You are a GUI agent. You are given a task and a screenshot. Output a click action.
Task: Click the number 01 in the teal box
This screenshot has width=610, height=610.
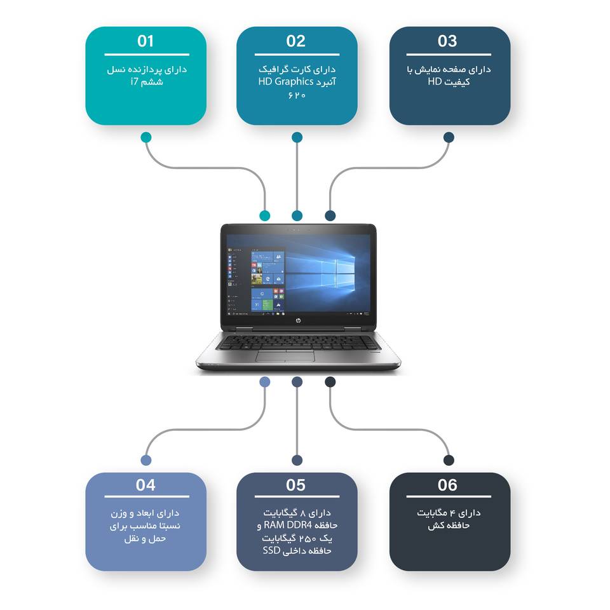point(146,41)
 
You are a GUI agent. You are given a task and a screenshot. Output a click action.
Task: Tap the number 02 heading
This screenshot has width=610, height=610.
point(296,41)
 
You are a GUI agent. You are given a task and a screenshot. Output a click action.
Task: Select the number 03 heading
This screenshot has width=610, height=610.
point(447,41)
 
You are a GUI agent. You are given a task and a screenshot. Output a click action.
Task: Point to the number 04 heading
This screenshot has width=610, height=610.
point(146,485)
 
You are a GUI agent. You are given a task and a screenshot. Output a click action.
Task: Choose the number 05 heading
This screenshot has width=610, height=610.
point(296,485)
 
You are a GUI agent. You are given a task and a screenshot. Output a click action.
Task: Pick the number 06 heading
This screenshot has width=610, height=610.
point(447,485)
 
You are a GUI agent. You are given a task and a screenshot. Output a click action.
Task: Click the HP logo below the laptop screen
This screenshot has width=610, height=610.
point(297,323)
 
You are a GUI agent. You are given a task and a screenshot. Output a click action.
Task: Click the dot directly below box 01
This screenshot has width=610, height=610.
point(146,137)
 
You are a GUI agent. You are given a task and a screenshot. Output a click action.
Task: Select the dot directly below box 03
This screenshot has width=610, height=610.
point(449,137)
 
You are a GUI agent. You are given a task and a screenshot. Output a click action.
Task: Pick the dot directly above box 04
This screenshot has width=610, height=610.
point(146,460)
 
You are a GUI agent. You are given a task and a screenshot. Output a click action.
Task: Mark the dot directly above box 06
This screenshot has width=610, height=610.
point(449,460)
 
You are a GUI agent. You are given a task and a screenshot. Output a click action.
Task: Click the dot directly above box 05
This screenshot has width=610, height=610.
point(297,460)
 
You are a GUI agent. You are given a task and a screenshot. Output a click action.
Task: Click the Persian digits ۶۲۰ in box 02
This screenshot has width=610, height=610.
point(297,95)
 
